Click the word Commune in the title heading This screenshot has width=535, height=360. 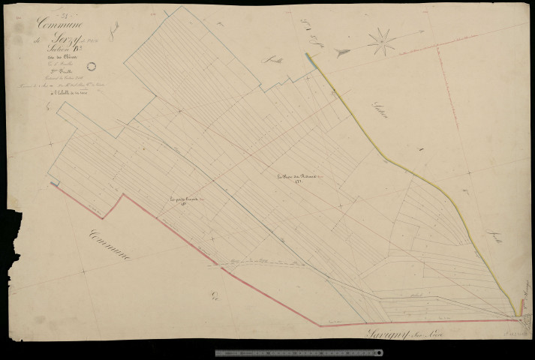[x=58, y=25]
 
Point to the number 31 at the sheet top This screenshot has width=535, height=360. [x=43, y=13]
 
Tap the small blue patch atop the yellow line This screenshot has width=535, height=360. [x=306, y=57]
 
